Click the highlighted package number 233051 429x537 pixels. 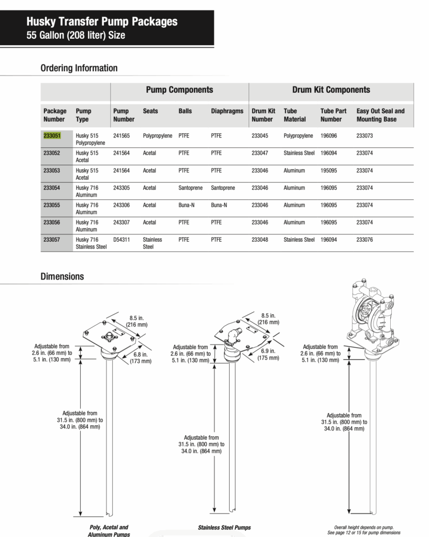(x=52, y=135)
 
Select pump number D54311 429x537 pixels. (x=121, y=240)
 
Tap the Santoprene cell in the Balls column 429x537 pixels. (x=190, y=188)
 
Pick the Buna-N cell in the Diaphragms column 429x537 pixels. (x=219, y=205)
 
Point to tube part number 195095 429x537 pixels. (x=333, y=170)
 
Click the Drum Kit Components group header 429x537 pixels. (x=331, y=90)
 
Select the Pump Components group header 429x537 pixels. (x=179, y=90)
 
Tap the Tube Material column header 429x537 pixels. (x=295, y=115)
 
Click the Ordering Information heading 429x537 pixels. (x=79, y=68)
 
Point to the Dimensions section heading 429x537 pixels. (x=62, y=276)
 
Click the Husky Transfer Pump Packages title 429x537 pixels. (x=102, y=22)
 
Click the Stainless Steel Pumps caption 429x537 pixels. (x=224, y=528)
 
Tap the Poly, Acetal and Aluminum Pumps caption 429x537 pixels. (x=109, y=531)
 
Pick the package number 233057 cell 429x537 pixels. (x=52, y=240)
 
